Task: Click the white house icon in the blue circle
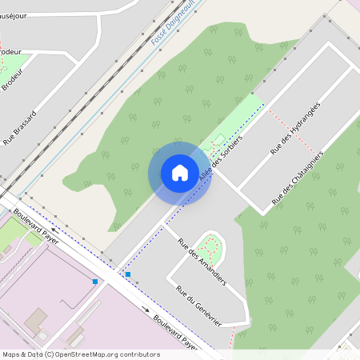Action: click(x=180, y=172)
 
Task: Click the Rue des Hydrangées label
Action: click(x=294, y=127)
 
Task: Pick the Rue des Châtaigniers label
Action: click(x=298, y=176)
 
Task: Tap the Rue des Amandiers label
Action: click(x=202, y=261)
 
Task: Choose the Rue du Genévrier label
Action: click(x=198, y=305)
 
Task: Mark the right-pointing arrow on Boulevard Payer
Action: click(x=146, y=309)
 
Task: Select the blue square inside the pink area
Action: click(x=95, y=282)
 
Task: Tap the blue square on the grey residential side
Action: click(x=127, y=274)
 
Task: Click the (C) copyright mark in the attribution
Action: click(x=50, y=354)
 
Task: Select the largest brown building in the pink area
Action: click(x=35, y=323)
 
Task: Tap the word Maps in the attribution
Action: click(x=11, y=354)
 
